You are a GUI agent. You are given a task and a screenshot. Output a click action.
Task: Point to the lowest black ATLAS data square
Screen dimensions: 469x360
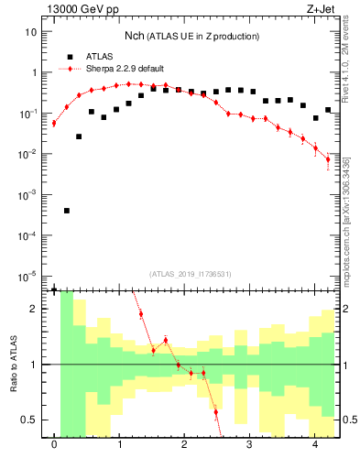click(67, 211)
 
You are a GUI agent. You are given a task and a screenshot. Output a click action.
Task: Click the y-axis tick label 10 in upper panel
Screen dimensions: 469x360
click(32, 31)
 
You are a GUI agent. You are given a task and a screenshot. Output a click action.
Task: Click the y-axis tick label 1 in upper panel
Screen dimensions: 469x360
click(35, 72)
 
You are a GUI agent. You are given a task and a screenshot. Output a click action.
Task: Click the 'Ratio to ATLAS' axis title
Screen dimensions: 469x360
click(13, 365)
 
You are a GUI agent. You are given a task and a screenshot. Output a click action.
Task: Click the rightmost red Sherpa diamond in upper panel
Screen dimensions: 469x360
click(328, 159)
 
